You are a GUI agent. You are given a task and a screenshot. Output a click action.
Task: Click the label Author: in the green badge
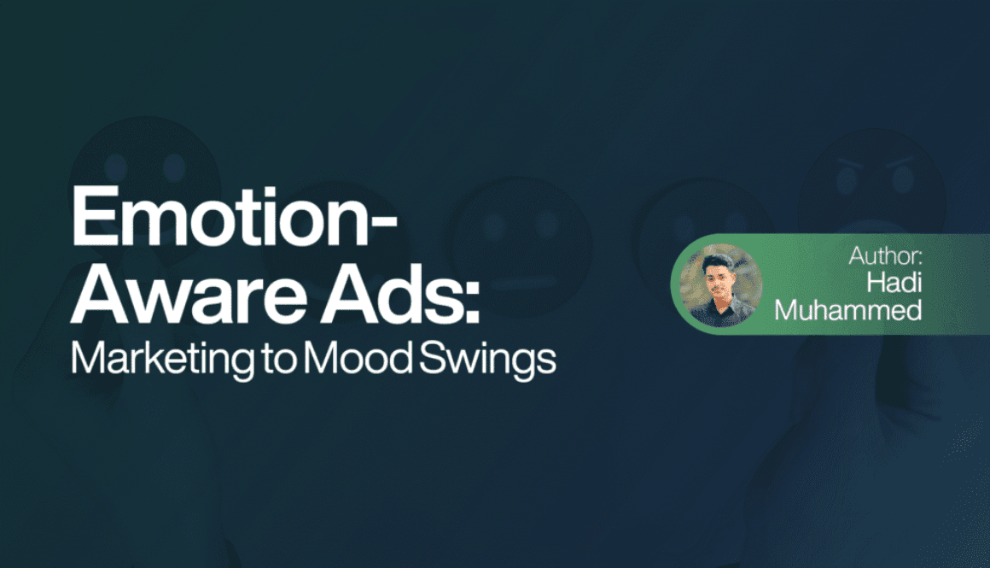click(886, 255)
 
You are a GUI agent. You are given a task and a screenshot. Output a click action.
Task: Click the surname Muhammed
click(848, 309)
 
